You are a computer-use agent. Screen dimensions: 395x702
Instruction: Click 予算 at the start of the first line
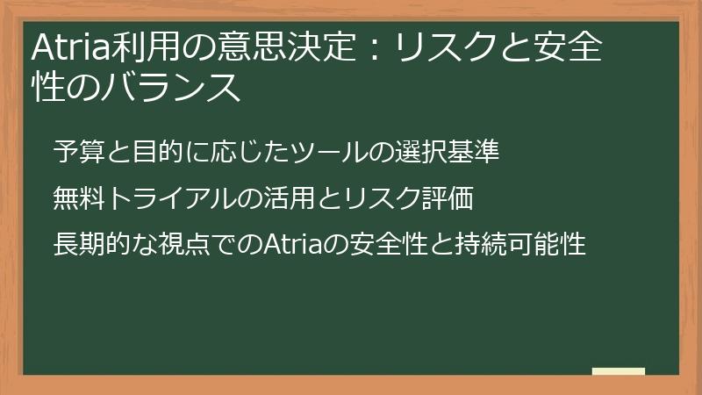pos(79,152)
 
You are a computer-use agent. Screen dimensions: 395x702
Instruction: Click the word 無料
pos(79,199)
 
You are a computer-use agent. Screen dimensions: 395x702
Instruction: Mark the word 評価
pos(448,199)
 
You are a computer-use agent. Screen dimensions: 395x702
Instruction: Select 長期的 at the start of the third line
pos(91,246)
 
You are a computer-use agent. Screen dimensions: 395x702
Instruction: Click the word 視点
pos(183,246)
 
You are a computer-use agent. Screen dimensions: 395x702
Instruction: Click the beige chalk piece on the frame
pos(619,372)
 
